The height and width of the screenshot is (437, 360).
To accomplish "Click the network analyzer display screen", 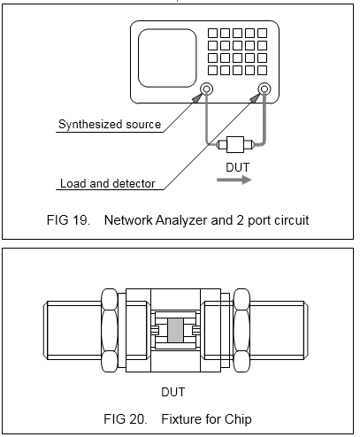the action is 167,58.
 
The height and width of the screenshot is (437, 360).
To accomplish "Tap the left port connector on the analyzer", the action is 206,88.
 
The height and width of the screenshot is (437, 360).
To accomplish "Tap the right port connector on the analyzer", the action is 264,88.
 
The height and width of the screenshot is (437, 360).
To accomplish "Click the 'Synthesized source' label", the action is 110,125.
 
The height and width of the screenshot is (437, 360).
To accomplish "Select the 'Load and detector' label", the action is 108,183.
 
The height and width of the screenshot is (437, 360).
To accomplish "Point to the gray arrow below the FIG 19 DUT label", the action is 234,180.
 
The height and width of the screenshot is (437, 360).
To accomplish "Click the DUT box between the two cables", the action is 235,144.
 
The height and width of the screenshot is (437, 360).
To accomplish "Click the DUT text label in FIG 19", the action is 238,167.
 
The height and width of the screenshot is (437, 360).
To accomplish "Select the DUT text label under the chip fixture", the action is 173,392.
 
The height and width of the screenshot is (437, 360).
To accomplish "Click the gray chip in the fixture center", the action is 175,330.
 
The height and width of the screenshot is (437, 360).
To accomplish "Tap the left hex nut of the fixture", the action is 110,330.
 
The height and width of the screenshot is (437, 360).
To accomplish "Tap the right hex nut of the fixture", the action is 241,330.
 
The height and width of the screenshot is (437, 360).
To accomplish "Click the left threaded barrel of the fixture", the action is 73,330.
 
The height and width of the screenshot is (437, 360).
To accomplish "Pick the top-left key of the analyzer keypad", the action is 212,33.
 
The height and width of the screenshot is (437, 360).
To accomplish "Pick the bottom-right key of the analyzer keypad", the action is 262,70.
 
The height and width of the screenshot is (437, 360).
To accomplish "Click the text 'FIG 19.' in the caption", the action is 68,220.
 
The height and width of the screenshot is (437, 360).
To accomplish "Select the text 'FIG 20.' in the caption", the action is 126,419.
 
